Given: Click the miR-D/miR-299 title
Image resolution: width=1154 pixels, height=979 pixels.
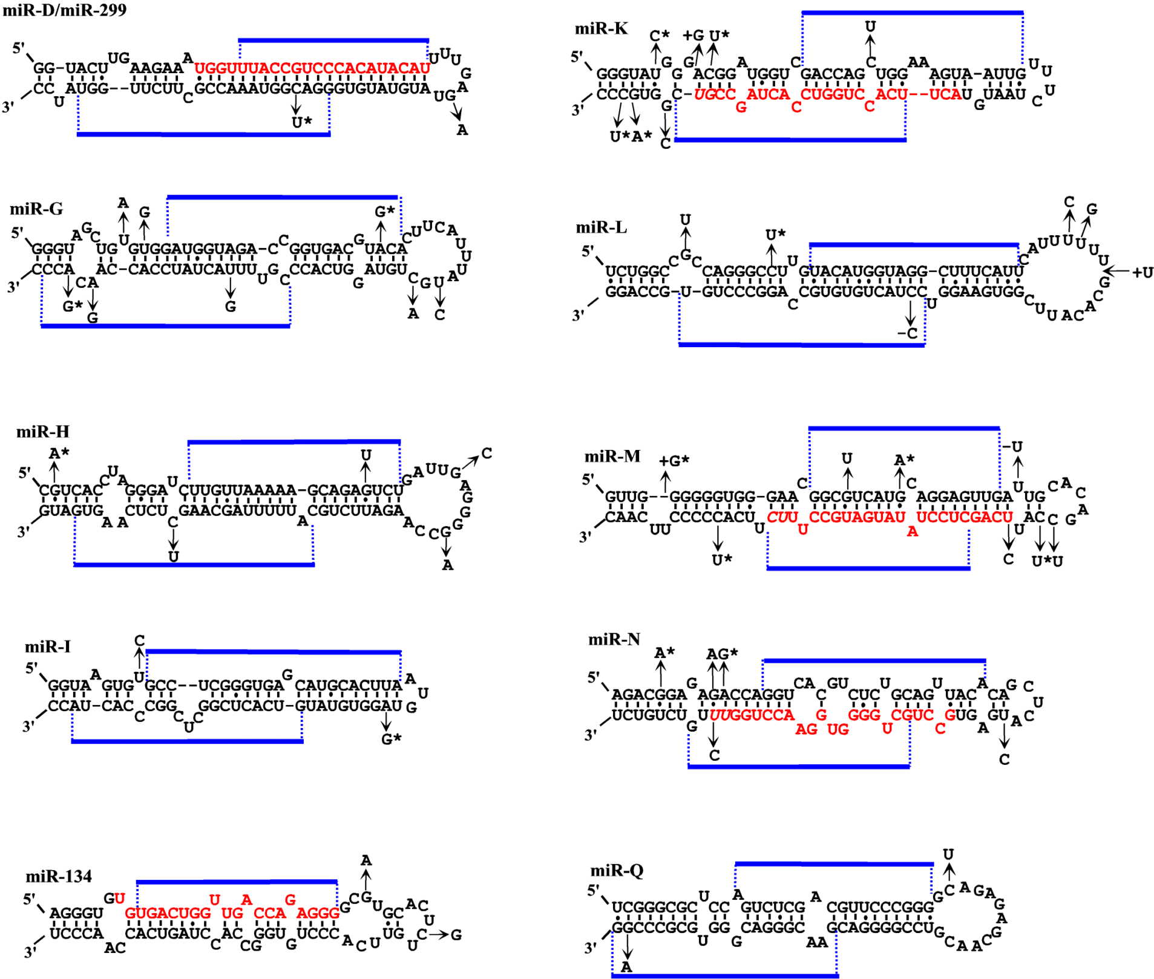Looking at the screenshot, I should point(65,10).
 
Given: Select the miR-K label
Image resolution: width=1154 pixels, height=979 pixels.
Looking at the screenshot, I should point(601,28).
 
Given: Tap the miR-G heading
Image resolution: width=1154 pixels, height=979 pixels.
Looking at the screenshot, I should point(36,209).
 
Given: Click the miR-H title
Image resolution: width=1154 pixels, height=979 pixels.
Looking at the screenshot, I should point(42,432).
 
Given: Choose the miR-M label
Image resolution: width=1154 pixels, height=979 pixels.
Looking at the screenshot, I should point(612,457).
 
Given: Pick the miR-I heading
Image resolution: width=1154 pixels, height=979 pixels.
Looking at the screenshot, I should point(47,647).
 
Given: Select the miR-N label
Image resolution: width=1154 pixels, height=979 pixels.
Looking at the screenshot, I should point(614,639).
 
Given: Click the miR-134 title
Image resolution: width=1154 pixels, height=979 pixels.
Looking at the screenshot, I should point(58,876).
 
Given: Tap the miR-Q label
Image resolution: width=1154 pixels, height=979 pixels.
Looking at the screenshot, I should point(617,870).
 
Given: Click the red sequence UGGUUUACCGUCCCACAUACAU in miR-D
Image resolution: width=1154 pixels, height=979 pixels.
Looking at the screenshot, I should point(312,68).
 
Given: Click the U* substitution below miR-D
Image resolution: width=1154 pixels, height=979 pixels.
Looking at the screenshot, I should point(301,122).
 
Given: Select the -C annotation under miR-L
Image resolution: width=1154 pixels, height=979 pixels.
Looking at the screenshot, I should point(908,333).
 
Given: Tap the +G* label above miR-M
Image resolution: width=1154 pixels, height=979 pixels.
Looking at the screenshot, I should point(674,461).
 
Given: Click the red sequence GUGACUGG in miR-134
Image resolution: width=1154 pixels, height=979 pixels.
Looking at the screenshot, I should point(168,913).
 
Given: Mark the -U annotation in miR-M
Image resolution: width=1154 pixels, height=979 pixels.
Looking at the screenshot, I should point(1012,447).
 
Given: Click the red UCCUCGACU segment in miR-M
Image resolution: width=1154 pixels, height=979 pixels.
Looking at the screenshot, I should point(964,518).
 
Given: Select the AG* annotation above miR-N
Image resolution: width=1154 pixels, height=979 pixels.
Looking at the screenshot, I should point(722,654).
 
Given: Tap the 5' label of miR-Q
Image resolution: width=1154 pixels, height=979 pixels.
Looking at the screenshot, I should point(594,890).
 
